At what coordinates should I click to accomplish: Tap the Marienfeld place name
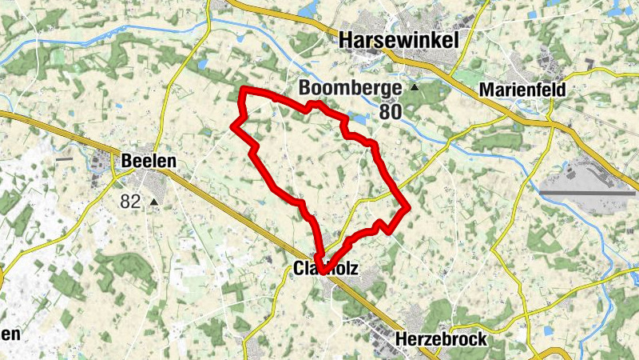coord(522,90)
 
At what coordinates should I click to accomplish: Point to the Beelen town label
coord(148,162)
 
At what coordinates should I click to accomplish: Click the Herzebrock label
coord(441,340)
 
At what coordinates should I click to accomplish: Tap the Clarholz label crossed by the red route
coord(326,272)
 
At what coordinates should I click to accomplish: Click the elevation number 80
coord(390,111)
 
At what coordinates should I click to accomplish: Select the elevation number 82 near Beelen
coord(131,202)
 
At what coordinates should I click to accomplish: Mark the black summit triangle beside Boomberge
coord(415,87)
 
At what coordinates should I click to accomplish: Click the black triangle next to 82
coord(154,203)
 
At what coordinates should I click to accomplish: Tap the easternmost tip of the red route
coord(407,208)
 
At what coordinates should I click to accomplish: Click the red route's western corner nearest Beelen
coord(233,125)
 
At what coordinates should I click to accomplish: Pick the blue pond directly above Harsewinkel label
coord(308,10)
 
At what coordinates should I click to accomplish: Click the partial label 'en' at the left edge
coord(10,333)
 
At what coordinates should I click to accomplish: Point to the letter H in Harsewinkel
coord(347,40)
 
